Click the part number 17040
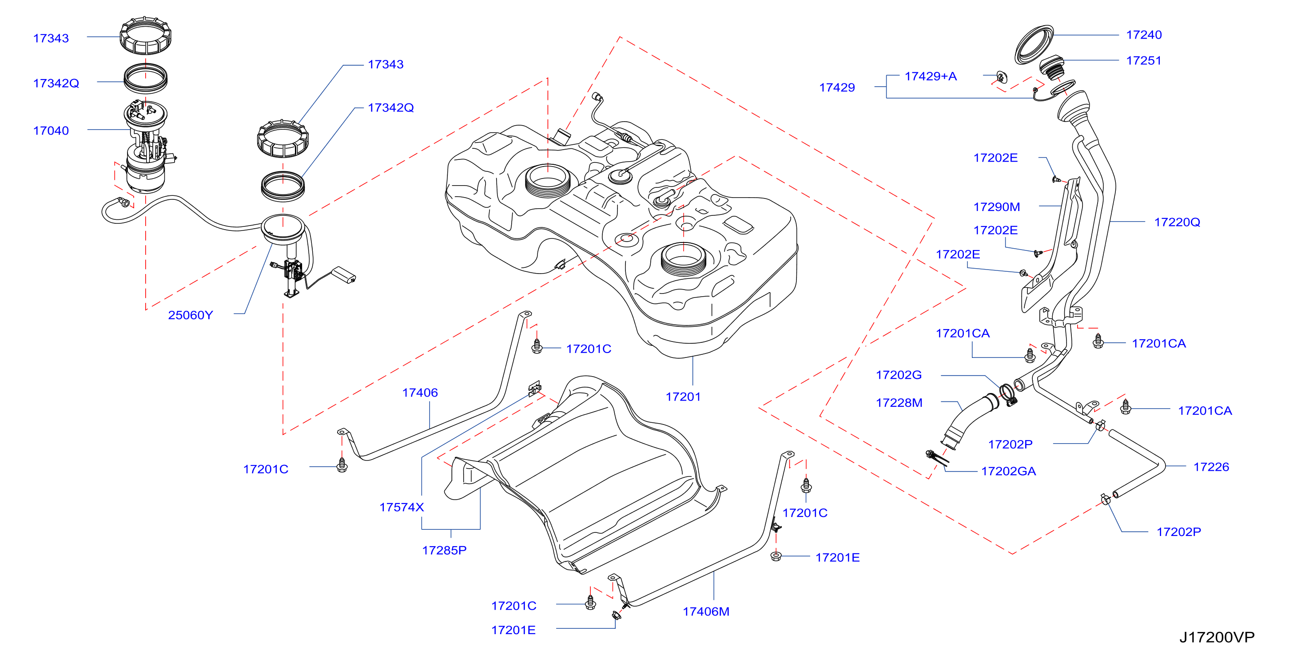51,131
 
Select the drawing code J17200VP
1217,637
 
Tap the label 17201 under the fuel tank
683,397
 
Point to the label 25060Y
191,315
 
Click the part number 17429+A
931,76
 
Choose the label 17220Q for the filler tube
1177,222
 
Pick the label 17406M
706,611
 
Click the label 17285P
444,550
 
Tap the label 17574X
401,507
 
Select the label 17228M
899,403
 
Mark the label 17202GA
1008,471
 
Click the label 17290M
996,206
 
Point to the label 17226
1211,467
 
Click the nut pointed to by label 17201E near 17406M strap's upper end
776,556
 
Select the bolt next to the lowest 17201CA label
1125,407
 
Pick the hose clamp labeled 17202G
1008,395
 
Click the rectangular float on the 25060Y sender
343,274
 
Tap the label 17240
1143,35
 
